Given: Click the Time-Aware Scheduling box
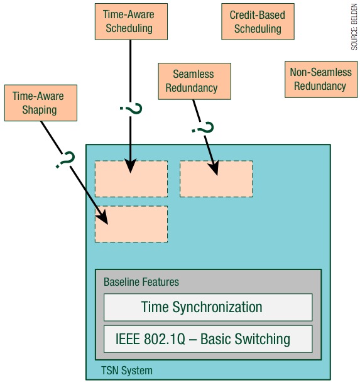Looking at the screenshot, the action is coord(131,21).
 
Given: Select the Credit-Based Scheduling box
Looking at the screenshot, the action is coord(258,21).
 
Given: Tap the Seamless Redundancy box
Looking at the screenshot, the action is coord(195,81).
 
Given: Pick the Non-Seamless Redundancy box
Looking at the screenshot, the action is coord(321,79).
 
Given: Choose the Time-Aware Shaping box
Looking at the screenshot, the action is coord(41,103).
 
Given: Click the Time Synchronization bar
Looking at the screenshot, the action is coord(208,307).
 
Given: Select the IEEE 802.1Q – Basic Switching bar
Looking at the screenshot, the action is coord(208,339).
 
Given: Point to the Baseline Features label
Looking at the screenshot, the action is coord(141,282).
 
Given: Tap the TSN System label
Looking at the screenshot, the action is coord(127,371).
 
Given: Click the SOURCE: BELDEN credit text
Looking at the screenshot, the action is coord(354,26).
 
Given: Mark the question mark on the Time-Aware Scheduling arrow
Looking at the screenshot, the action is coord(131,109).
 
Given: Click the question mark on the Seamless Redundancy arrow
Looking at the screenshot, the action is coord(202,127).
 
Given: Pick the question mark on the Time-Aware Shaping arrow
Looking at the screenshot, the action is coord(65,160).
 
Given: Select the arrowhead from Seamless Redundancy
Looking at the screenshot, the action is coord(214,168).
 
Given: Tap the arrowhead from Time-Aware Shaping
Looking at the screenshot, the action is coord(102,217).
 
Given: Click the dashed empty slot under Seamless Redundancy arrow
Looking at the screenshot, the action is coord(216,179).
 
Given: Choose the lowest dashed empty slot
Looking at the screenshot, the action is coord(131,224).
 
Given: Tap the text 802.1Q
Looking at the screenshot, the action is coord(164,339).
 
